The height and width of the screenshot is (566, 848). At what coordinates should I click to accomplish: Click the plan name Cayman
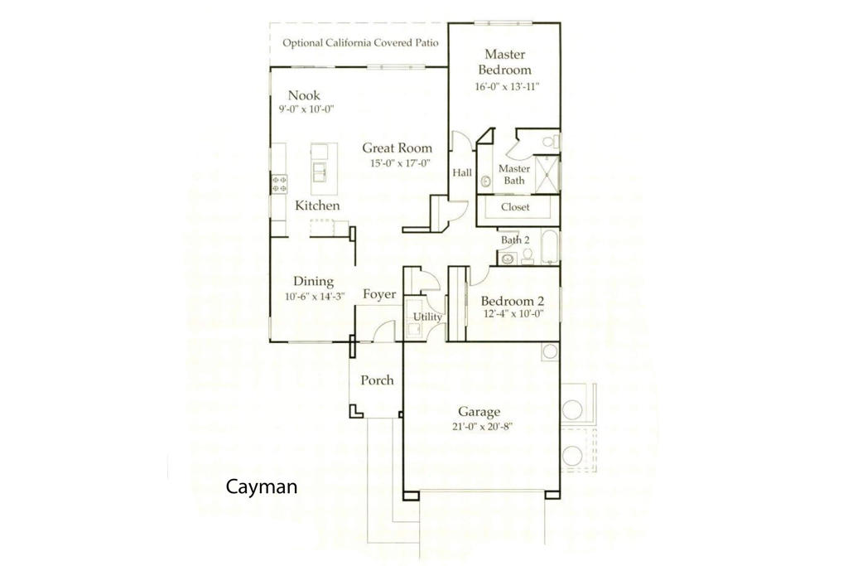(261, 487)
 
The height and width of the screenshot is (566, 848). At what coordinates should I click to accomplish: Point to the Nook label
(304, 95)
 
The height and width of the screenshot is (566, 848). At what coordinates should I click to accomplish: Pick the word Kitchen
(317, 206)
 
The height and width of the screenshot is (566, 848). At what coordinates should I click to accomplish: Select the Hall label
(461, 173)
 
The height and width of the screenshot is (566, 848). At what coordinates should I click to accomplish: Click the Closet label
(514, 206)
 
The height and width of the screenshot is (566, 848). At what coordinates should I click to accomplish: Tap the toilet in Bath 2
(528, 256)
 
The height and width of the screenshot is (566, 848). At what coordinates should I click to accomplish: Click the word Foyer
(379, 294)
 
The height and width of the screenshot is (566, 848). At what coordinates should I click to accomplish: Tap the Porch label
(377, 380)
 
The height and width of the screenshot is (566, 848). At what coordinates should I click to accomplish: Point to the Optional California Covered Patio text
(360, 43)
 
